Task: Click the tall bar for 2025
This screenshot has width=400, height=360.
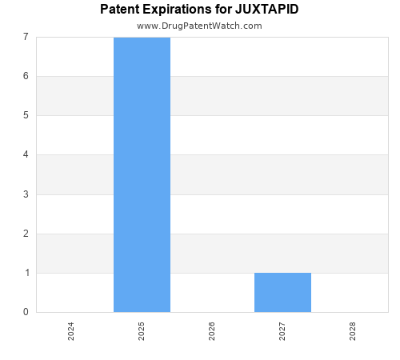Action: (142, 174)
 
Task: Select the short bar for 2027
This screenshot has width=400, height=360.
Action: (282, 292)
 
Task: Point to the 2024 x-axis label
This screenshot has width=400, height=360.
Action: (71, 331)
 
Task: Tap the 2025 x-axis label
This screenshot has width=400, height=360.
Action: (142, 331)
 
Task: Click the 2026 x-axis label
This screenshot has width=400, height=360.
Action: (212, 331)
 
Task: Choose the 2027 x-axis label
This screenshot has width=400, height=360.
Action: (282, 331)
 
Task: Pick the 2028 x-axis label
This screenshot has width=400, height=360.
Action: (353, 331)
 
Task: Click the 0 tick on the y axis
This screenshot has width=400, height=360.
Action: (26, 312)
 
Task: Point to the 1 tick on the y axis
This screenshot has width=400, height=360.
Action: (26, 273)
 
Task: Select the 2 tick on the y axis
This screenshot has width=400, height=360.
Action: (26, 234)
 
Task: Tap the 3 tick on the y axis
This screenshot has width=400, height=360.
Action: (26, 194)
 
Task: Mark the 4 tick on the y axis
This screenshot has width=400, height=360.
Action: (26, 155)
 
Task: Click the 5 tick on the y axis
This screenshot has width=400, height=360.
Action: (26, 115)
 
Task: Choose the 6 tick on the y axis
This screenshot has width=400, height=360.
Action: (26, 76)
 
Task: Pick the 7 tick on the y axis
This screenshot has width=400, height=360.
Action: (26, 37)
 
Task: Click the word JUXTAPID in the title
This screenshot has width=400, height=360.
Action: (266, 10)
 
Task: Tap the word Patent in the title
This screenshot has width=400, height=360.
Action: (119, 10)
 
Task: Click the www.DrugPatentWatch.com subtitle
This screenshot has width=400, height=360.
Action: (199, 26)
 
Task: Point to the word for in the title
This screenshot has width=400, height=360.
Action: (223, 10)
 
